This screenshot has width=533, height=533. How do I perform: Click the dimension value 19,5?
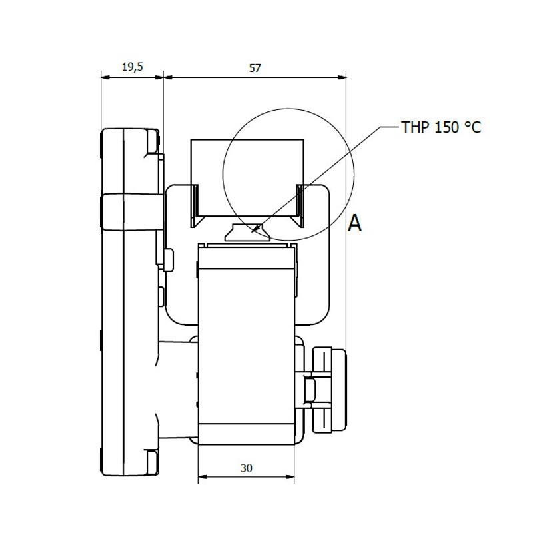132,67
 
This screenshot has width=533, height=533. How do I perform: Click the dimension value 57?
255,68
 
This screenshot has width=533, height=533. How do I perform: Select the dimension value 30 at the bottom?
246,468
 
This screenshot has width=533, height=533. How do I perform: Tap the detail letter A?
354,223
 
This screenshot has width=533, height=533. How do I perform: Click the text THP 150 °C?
441,127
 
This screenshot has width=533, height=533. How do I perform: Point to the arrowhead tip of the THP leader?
251,233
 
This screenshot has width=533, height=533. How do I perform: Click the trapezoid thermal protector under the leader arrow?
247,233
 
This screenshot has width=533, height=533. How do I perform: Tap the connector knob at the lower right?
329,390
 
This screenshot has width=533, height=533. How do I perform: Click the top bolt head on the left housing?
153,141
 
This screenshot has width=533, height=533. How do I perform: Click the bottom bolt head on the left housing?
152,462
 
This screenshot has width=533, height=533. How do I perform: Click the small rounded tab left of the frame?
169,260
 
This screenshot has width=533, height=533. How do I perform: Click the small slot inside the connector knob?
309,389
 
